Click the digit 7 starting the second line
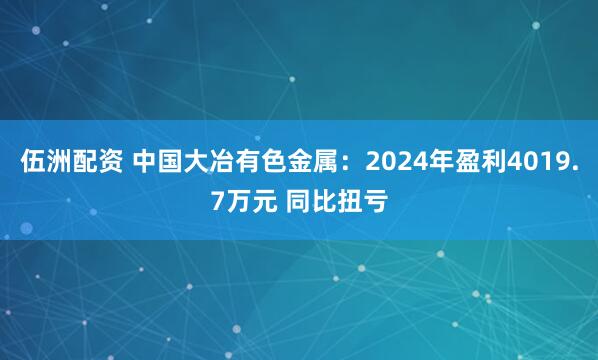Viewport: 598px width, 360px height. click(218, 203)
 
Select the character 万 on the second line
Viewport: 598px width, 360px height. click(237, 203)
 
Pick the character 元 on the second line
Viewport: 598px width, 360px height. click(263, 203)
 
